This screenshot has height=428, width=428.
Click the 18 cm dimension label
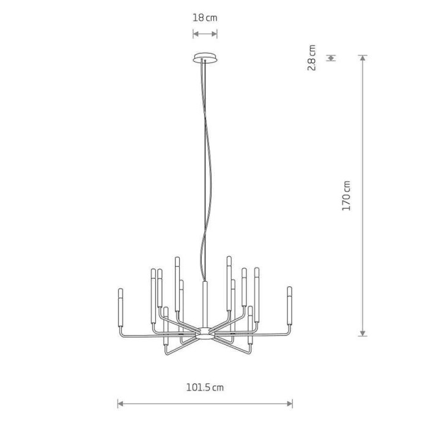pyautogui.click(x=205, y=18)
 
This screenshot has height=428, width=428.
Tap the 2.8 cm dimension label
pyautogui.click(x=311, y=57)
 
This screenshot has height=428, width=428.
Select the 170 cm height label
pyautogui.click(x=346, y=196)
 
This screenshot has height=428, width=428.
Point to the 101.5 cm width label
pyautogui.click(x=205, y=387)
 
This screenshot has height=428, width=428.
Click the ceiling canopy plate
pyautogui.click(x=205, y=58)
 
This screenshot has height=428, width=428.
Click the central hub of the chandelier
pyautogui.click(x=205, y=334)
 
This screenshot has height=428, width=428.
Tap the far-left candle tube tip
pyautogui.click(x=120, y=289)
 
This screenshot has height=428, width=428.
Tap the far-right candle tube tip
pyautogui.click(x=290, y=287)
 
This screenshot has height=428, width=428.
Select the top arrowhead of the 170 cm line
pyautogui.click(x=363, y=58)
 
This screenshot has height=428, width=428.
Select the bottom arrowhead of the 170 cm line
pyautogui.click(x=363, y=333)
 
